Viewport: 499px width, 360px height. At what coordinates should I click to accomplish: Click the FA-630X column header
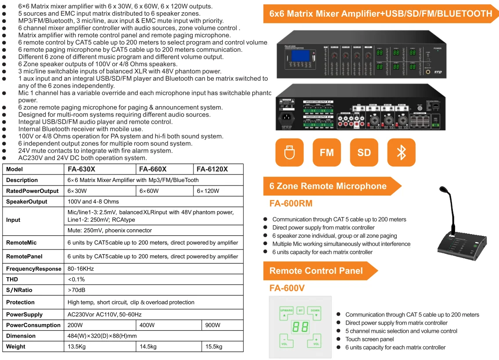[x=82, y=169]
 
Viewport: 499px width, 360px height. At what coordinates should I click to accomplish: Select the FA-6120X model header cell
[x=212, y=169]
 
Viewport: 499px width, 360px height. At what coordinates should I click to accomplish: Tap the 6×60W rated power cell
[x=149, y=191]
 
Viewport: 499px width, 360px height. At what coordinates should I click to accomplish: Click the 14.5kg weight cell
[x=148, y=346]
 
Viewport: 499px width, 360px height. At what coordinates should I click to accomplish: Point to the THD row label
[x=12, y=279]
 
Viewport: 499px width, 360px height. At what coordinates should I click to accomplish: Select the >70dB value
[x=77, y=290]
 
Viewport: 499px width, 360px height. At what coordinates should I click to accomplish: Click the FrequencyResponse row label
[x=33, y=269]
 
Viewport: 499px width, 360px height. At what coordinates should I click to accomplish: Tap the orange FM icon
[x=327, y=153]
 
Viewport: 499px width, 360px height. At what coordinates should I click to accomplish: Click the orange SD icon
[x=364, y=153]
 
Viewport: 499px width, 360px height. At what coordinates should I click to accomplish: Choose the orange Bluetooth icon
[x=401, y=153]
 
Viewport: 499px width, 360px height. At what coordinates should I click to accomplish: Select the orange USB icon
[x=289, y=153]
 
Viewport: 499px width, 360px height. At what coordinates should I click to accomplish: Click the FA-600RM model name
[x=291, y=204]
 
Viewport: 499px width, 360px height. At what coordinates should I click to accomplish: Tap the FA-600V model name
[x=287, y=288]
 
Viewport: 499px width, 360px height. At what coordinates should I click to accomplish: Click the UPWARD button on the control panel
[x=286, y=312]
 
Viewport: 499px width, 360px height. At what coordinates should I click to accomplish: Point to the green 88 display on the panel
[x=301, y=327]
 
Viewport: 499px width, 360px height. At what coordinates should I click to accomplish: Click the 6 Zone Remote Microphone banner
[x=328, y=186]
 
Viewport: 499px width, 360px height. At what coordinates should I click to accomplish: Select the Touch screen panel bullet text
[x=370, y=339]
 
